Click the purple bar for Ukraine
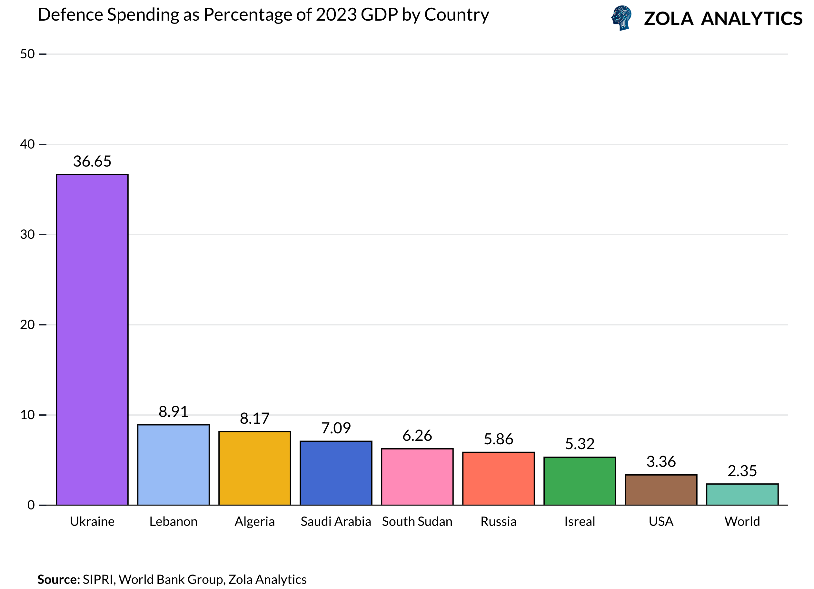[x=92, y=340]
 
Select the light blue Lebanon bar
[x=174, y=465]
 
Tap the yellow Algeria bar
[x=254, y=468]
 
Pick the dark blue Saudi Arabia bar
[x=336, y=473]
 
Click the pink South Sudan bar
[x=417, y=477]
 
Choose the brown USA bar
[x=661, y=490]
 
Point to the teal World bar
[x=742, y=494]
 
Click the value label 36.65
[x=92, y=161]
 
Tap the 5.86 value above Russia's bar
[x=499, y=439]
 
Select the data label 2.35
[x=742, y=471]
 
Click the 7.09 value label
[x=336, y=428]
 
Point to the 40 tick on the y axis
[x=27, y=144]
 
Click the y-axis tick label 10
[x=27, y=415]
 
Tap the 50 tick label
[x=27, y=54]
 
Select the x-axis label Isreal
[x=580, y=521]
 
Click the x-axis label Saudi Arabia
[x=336, y=521]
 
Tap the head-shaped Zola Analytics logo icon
[x=621, y=18]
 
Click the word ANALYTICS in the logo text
[x=751, y=19]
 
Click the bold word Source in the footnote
[x=58, y=579]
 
